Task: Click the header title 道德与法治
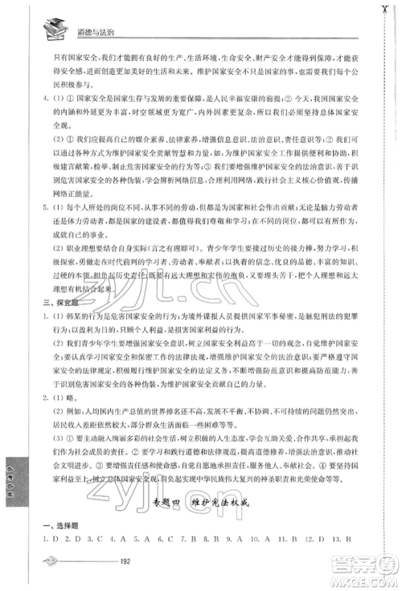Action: point(90,26)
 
